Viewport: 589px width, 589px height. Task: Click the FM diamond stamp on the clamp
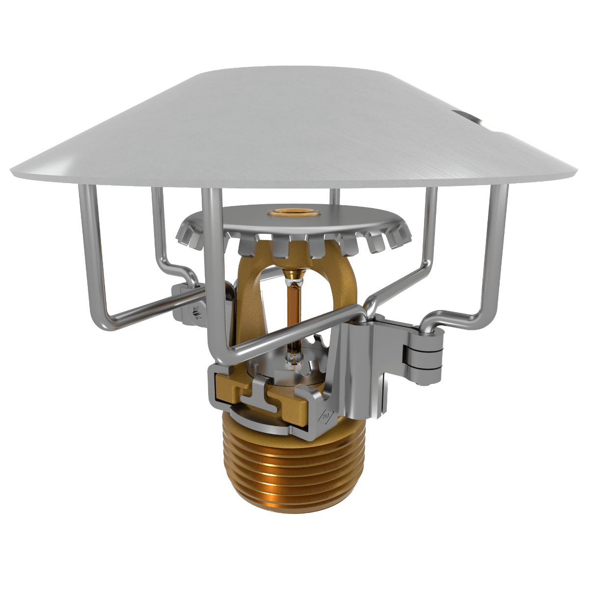coord(326,417)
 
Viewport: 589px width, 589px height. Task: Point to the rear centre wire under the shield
coord(334,196)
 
